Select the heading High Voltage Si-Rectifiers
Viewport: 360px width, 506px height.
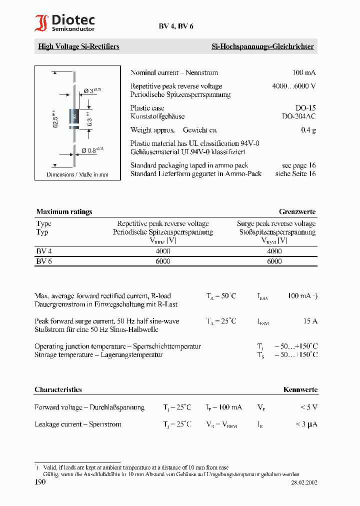click(78, 46)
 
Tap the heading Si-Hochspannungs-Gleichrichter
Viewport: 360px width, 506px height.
click(262, 46)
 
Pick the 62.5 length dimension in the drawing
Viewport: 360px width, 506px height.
click(56, 119)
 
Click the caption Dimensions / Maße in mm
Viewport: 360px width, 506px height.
click(77, 174)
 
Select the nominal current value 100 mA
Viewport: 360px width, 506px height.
click(304, 73)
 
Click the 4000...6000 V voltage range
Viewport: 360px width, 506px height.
click(293, 86)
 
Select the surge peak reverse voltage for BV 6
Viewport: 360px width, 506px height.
click(274, 261)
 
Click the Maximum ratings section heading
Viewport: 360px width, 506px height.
click(64, 211)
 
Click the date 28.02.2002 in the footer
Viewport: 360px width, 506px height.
click(304, 483)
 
